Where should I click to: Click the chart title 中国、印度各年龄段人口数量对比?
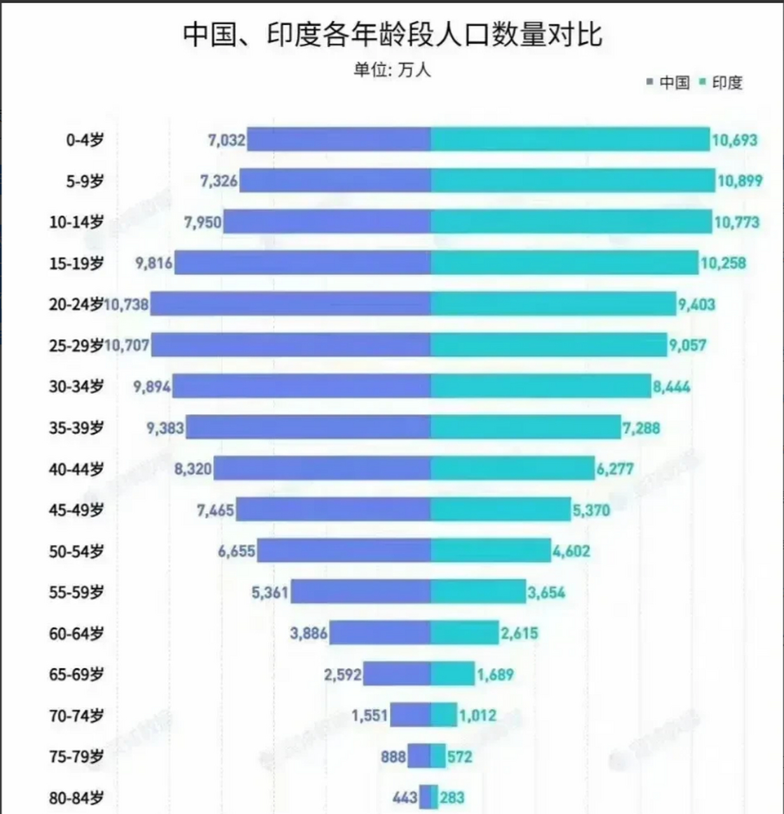pos(392,34)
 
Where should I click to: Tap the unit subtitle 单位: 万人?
pos(392,69)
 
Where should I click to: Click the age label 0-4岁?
pos(84,140)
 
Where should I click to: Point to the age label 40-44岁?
pos(76,469)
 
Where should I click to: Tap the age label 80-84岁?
pos(76,797)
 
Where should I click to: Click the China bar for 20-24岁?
pos(290,304)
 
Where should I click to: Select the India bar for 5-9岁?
pos(572,181)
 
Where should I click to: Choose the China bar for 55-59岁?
pos(361,592)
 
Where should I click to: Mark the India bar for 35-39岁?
pos(525,427)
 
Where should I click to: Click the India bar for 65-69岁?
pos(452,674)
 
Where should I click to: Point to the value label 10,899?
pos(740,181)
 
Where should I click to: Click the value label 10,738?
pos(126,305)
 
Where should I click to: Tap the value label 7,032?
pos(226,140)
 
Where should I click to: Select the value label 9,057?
pos(687,346)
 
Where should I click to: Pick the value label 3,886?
pos(309,633)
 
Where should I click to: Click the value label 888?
pos(393,757)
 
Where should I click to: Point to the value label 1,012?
pos(478,715)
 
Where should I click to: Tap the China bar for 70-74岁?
pos(410,715)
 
